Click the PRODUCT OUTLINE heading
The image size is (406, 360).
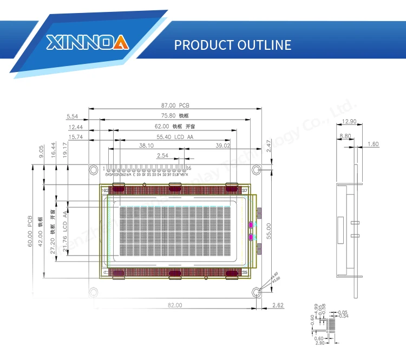[x=232, y=44]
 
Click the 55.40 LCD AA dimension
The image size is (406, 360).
[x=174, y=136]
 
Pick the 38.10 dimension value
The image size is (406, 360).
[x=146, y=146]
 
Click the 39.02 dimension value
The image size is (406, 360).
[x=223, y=146]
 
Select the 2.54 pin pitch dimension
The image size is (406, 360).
[x=162, y=156]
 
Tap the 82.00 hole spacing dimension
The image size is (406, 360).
[x=175, y=306]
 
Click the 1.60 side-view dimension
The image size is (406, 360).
[x=372, y=144]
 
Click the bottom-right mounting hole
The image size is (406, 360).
[x=257, y=292]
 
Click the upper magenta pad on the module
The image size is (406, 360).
[x=250, y=225]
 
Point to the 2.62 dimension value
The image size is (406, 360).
[x=278, y=306]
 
